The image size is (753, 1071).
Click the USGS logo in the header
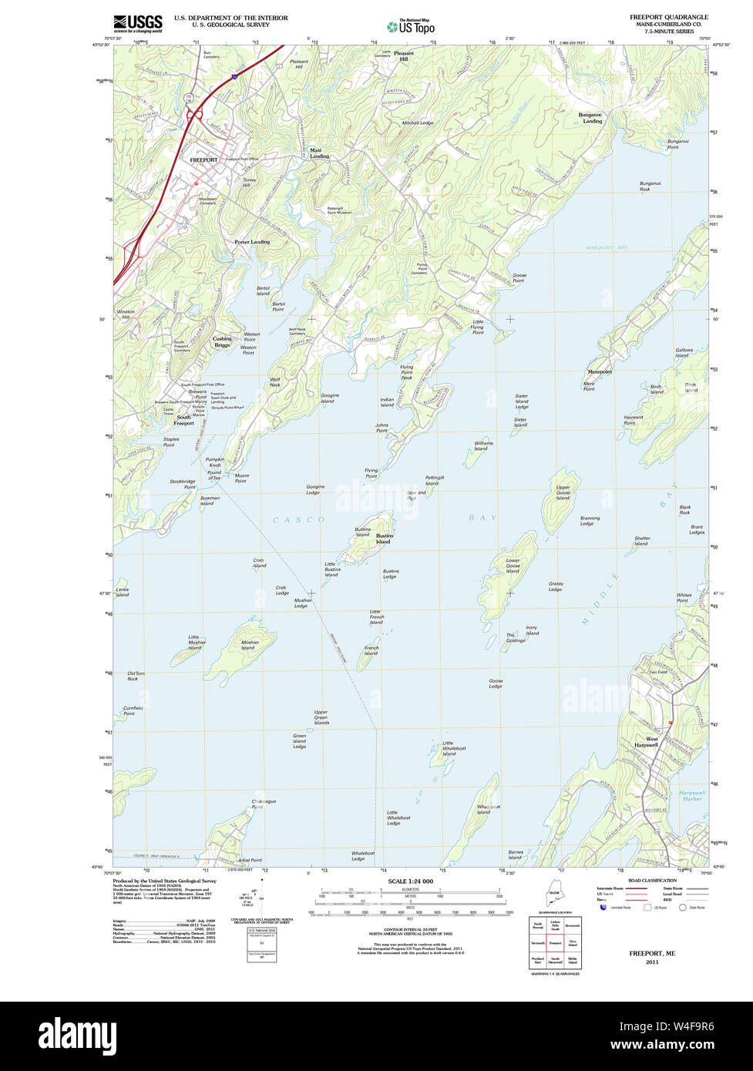[138, 23]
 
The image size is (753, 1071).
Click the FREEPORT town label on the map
[203, 159]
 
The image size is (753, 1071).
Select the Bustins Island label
[383, 539]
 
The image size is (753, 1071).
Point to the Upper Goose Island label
[563, 492]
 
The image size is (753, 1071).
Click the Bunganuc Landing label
[592, 118]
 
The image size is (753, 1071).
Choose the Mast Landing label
[319, 153]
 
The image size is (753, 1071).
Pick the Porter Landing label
[252, 242]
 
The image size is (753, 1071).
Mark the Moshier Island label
[249, 645]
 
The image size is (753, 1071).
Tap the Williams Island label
[483, 445]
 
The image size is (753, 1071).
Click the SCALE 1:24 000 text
[411, 881]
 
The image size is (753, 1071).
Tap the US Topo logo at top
[411, 26]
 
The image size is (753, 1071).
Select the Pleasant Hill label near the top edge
[404, 55]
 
